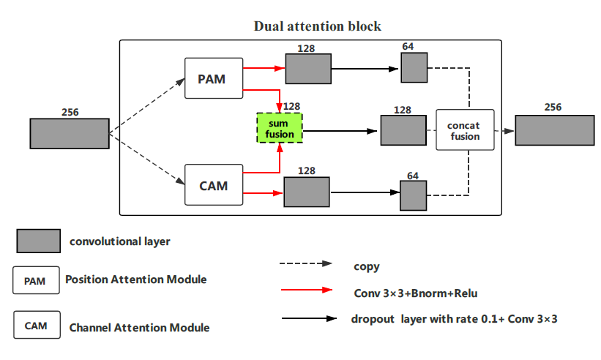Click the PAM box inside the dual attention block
point(214,78)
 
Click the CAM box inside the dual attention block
point(213,185)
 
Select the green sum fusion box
point(279,127)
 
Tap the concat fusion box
point(465,130)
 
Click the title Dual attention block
point(317,26)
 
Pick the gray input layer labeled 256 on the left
point(69,133)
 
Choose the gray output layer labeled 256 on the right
point(554,130)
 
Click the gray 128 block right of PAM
point(308,69)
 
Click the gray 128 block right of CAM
point(307,192)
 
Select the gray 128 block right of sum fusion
point(403,130)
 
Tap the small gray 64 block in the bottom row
point(413,195)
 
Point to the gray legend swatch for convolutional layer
point(37,241)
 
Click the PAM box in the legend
point(35,280)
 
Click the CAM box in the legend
point(35,326)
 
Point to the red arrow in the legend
point(307,290)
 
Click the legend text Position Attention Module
point(135,280)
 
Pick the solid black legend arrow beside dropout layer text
point(307,319)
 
